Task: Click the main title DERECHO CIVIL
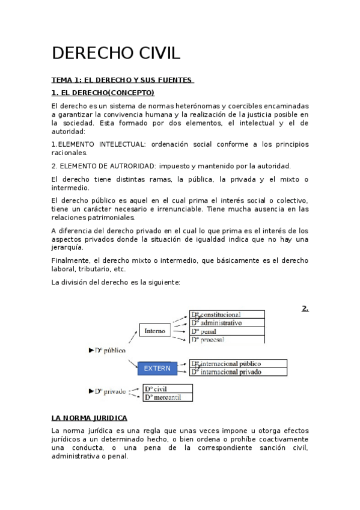tap(116, 54)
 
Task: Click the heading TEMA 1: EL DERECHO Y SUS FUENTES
tap(122, 80)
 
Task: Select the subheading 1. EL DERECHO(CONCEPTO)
tap(103, 93)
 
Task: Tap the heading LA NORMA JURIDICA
tap(89, 417)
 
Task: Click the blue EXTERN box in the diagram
tap(157, 368)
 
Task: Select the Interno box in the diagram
tap(155, 331)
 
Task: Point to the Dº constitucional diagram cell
tap(227, 314)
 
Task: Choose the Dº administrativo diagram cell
tap(227, 322)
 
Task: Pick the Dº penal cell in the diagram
tap(227, 331)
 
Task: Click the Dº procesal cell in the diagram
tap(227, 339)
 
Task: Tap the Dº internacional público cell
tap(237, 363)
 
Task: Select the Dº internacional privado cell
tap(237, 372)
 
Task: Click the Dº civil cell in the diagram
tap(168, 389)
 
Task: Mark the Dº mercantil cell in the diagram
tap(168, 397)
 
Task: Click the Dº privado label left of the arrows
tap(110, 392)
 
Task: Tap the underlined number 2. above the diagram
tap(305, 309)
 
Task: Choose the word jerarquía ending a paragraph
tap(68, 247)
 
